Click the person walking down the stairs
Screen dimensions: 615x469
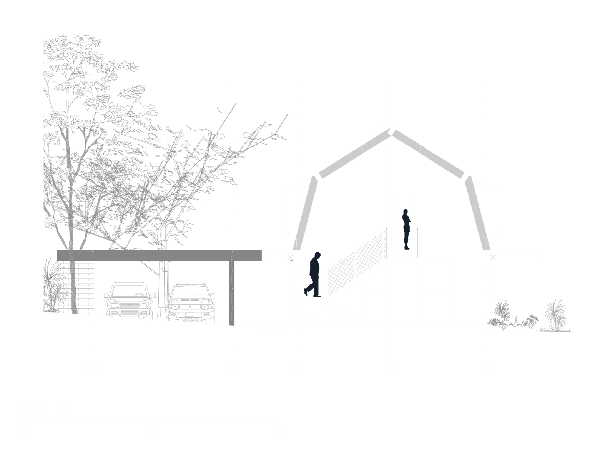point(314,273)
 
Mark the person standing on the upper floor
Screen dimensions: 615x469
point(406,228)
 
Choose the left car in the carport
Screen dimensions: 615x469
point(129,300)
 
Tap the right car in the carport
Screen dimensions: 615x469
point(190,302)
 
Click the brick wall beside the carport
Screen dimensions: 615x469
point(75,286)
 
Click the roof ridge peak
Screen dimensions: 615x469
point(391,130)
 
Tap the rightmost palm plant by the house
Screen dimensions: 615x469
point(555,313)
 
